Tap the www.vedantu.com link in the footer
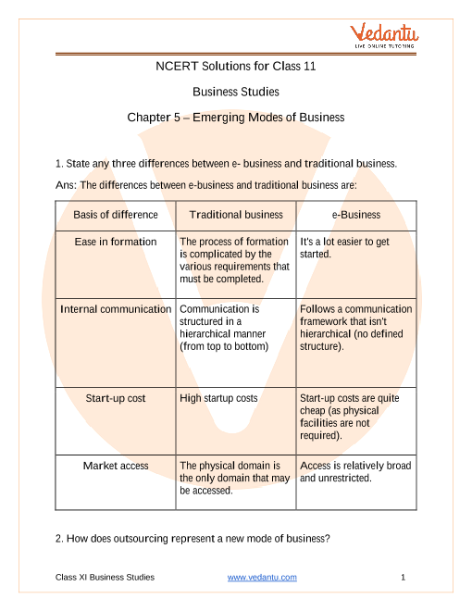[x=262, y=577]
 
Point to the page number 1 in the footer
[x=404, y=577]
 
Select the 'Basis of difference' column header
[x=116, y=215]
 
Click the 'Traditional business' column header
[x=236, y=215]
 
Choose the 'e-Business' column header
[x=355, y=215]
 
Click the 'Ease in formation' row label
[x=116, y=241]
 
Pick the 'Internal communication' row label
[x=116, y=308]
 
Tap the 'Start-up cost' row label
[x=116, y=398]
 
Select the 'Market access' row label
[x=116, y=466]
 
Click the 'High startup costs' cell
[x=218, y=398]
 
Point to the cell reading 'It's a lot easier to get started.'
[x=344, y=247]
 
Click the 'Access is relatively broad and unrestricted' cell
[x=355, y=472]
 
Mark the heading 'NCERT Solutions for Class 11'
[x=236, y=66]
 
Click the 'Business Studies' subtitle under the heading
[x=236, y=92]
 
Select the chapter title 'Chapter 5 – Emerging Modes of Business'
[x=236, y=118]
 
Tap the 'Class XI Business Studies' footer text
[x=105, y=577]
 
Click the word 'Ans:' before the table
[x=66, y=185]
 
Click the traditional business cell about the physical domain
[x=235, y=478]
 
